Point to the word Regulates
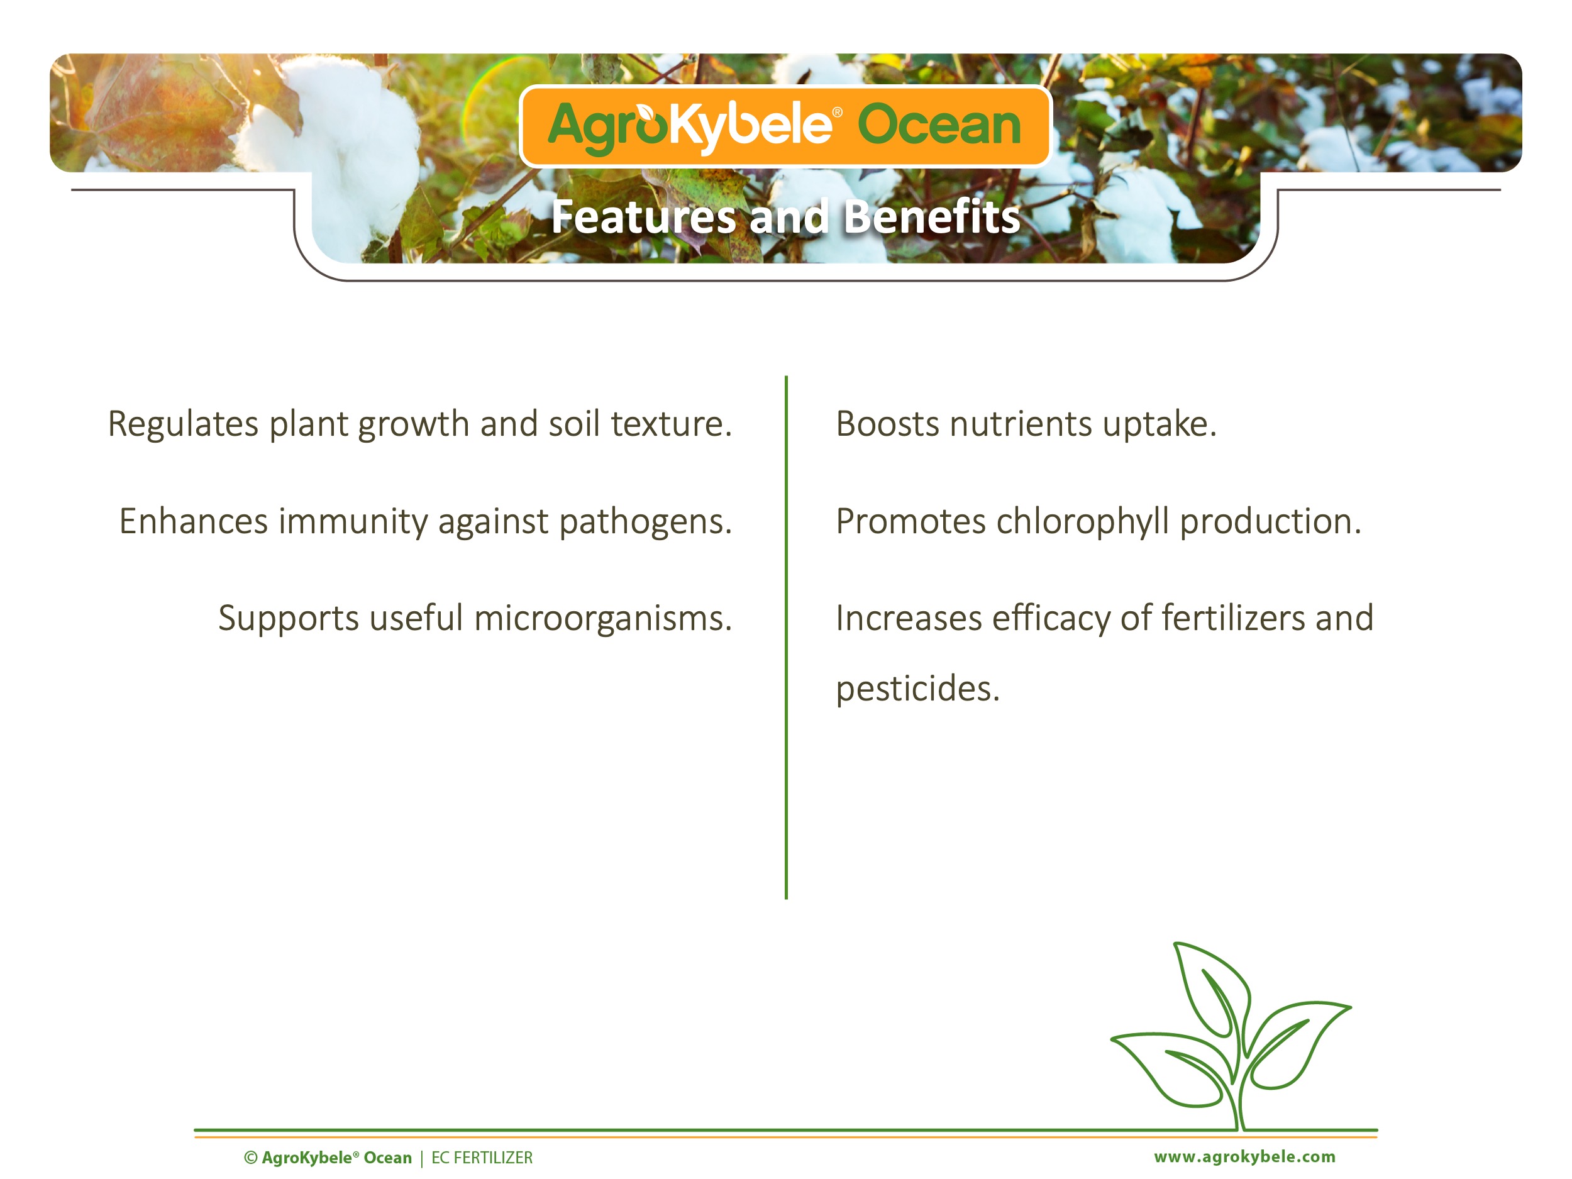point(184,425)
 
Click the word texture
point(671,424)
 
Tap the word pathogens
point(645,523)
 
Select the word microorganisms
point(602,618)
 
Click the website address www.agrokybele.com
point(1244,1157)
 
